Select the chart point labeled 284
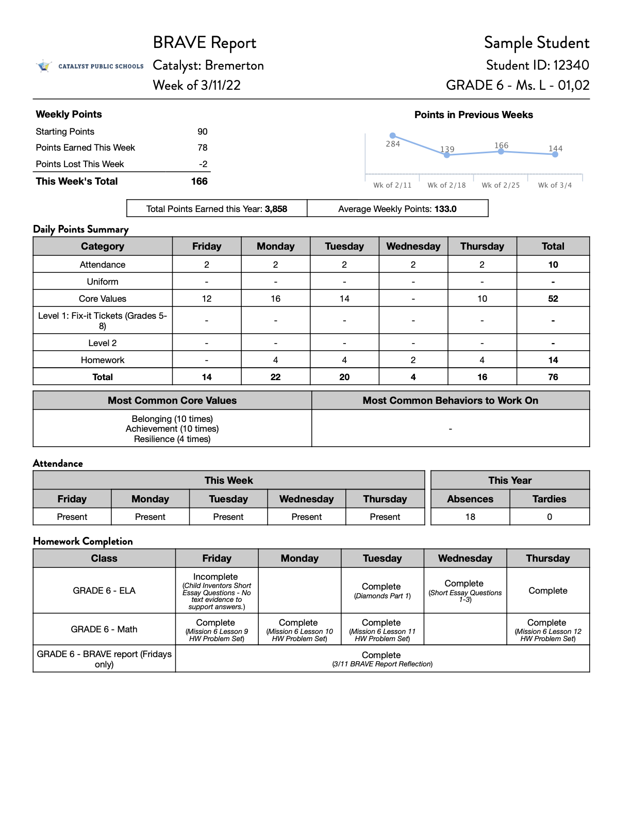point(393,136)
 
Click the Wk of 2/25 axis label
point(501,185)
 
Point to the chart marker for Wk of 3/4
point(555,154)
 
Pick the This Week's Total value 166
point(199,182)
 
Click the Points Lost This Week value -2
point(203,164)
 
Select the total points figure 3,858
point(276,209)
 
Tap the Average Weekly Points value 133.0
point(445,209)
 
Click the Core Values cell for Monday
point(276,299)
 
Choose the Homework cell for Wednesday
point(413,360)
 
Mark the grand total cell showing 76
point(553,377)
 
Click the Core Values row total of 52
point(553,299)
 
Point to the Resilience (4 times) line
point(172,439)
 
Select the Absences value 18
point(470,517)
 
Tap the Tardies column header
point(550,499)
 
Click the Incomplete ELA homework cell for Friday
point(217,591)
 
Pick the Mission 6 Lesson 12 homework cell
point(548,630)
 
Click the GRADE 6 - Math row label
point(104,629)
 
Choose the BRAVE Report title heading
point(205,43)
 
